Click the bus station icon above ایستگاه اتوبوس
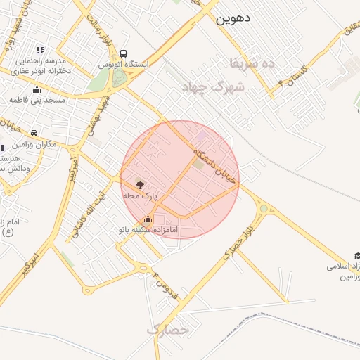124,53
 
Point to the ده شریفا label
251,63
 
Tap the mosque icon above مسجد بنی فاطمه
37,89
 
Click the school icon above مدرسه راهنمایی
40,50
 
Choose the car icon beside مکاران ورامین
34,133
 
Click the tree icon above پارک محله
140,185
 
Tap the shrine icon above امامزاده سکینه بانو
147,219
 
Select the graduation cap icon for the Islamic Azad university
356,255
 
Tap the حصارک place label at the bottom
168,329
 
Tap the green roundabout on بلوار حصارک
264,208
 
